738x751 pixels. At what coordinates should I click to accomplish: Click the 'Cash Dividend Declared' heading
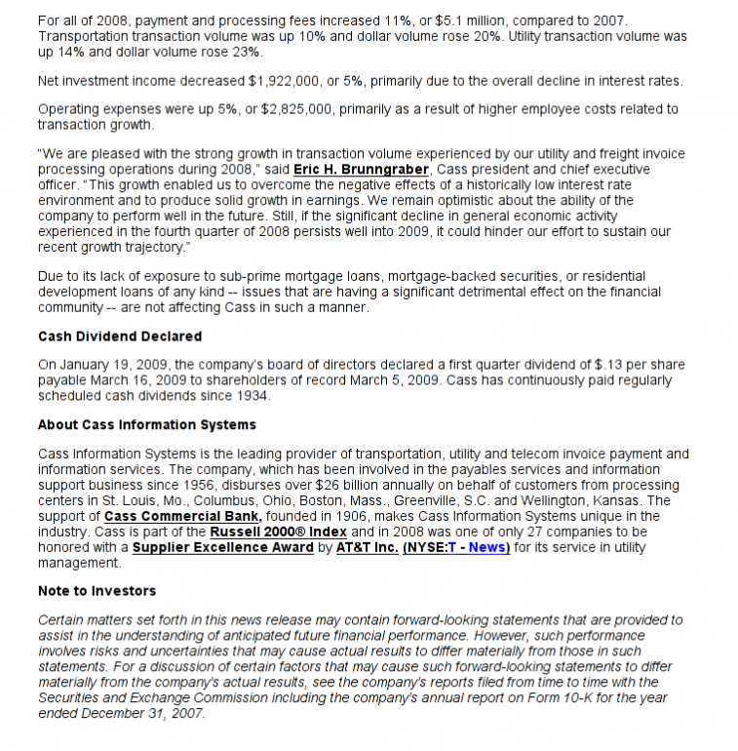pos(119,336)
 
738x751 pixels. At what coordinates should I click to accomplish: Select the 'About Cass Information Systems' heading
pos(146,425)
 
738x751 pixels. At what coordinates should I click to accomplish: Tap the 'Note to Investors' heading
pos(97,591)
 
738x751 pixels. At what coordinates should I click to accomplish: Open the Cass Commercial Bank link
pos(182,516)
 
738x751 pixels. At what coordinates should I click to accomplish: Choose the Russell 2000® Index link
pos(278,532)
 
